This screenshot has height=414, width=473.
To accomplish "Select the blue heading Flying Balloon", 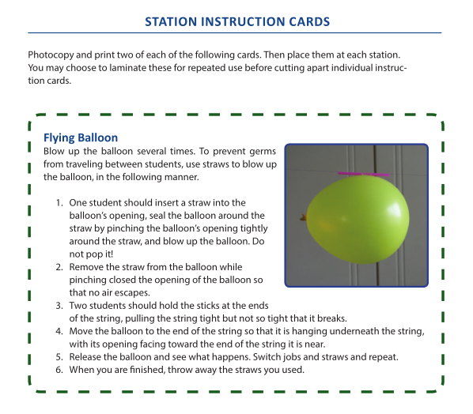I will (x=81, y=137).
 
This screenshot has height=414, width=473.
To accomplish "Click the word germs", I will (x=260, y=150).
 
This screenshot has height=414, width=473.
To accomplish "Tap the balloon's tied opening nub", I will (x=303, y=216).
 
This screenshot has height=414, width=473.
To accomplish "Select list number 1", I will (x=59, y=203).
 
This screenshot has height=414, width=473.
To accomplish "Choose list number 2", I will (x=59, y=268).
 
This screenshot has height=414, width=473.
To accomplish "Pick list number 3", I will (x=59, y=306).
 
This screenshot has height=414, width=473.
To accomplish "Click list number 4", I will (x=59, y=331).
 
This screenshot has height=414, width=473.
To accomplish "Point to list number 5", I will (x=59, y=357).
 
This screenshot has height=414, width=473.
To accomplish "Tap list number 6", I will (x=59, y=370).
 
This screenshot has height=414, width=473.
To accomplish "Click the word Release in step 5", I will (x=87, y=357).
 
